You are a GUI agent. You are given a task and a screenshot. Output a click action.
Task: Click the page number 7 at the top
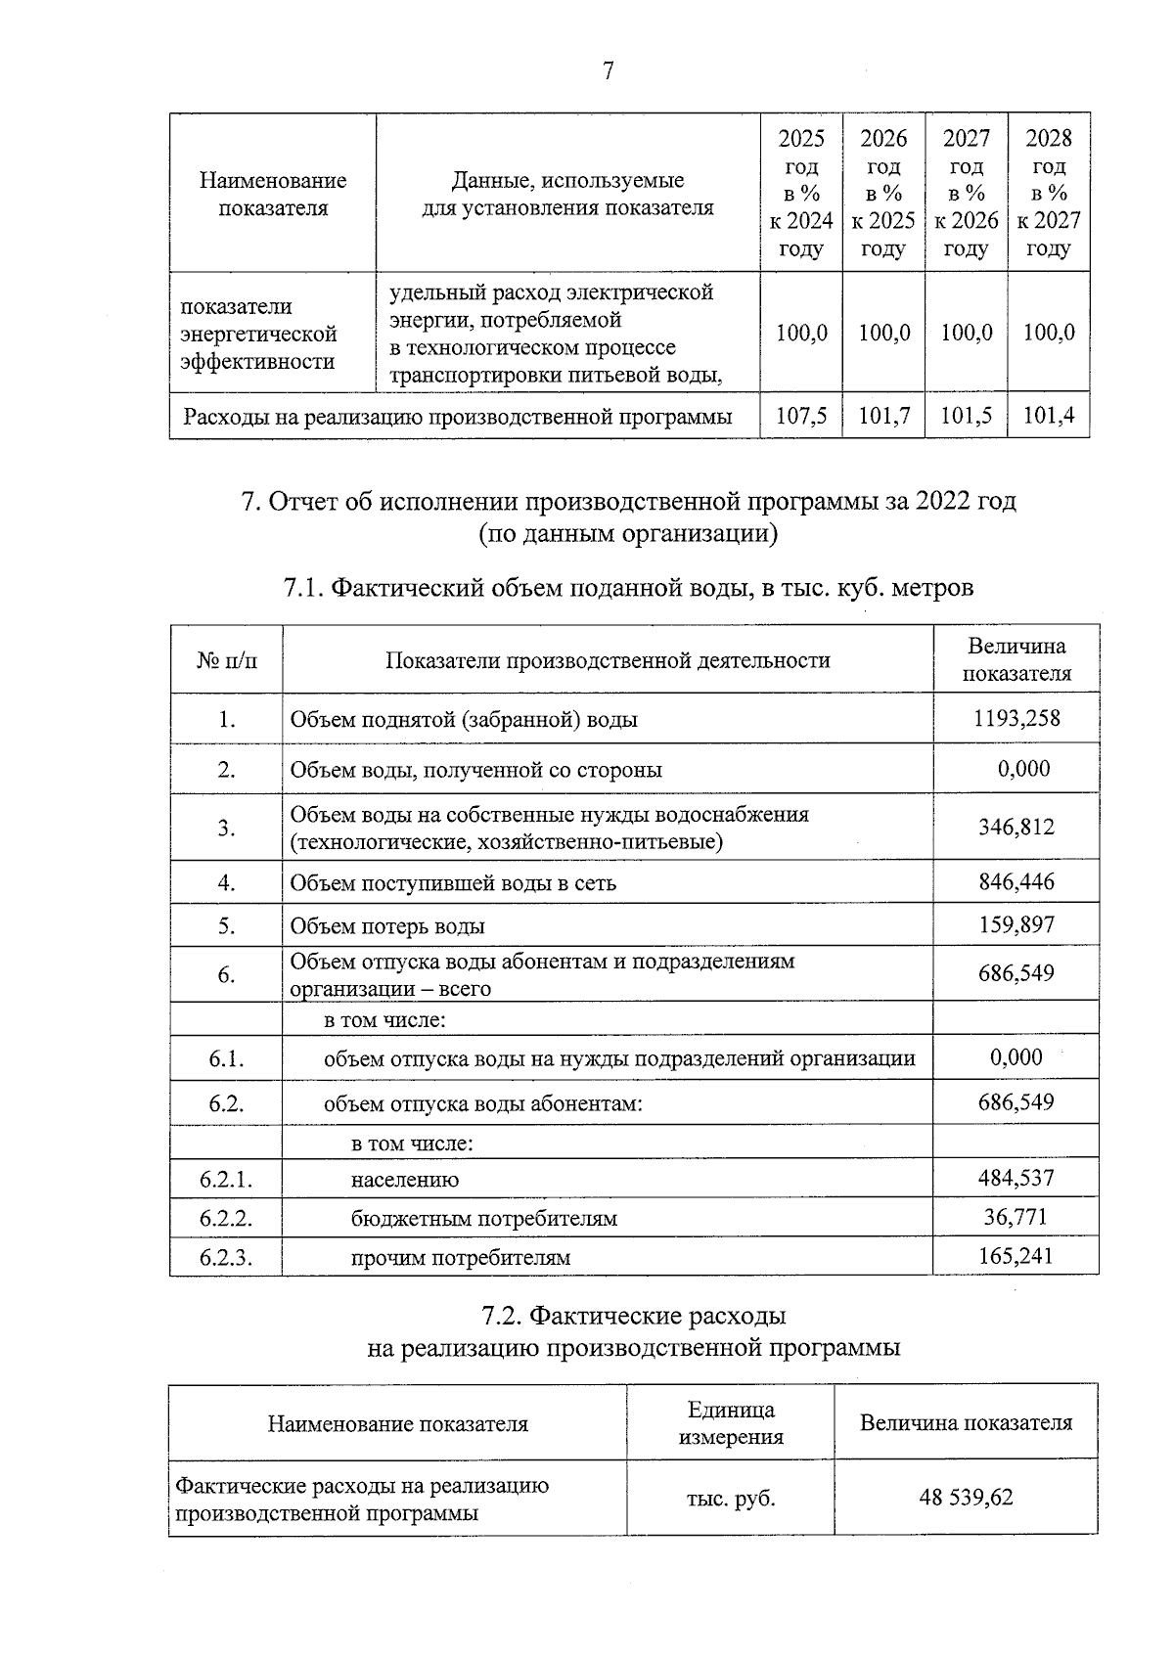coord(608,71)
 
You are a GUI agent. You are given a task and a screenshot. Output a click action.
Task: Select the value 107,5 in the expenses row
coord(801,416)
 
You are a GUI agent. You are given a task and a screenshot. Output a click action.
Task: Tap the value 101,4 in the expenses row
coord(1049,416)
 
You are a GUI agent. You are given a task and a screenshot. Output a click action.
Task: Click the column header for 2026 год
coord(883,193)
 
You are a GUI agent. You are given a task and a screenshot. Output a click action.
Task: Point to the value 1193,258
coord(1016,719)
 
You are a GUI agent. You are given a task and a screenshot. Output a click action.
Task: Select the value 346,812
coord(1016,828)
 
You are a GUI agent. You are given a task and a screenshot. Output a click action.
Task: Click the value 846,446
coord(1016,882)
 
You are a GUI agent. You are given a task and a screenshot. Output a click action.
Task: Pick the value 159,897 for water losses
coord(1016,924)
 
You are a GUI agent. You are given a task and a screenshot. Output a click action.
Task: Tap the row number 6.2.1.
coord(226,1180)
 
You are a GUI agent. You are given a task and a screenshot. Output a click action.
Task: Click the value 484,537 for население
coord(1016,1178)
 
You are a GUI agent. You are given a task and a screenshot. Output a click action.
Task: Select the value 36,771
coord(1016,1217)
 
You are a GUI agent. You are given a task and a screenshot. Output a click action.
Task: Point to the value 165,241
coord(1016,1256)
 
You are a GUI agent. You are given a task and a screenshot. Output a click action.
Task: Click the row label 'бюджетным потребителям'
coord(484,1219)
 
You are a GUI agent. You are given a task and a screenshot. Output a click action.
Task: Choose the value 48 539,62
coord(966,1498)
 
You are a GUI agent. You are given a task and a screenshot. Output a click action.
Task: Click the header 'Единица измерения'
coord(731,1423)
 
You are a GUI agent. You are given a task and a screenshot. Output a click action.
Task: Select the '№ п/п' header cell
coord(227,660)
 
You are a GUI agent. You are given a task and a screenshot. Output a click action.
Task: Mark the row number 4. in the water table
coord(226,883)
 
